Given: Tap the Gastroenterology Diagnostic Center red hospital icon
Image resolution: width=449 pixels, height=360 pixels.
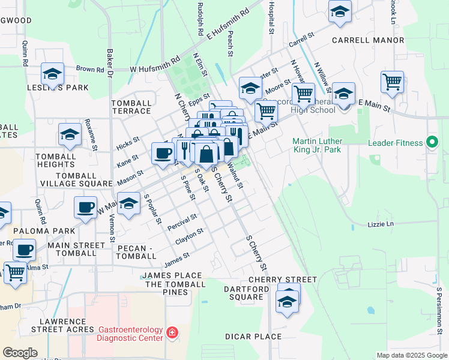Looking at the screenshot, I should click(172, 332).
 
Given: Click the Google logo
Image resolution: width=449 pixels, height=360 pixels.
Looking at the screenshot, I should click(20, 352).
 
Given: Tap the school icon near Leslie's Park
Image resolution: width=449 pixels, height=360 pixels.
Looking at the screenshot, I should click(53, 74).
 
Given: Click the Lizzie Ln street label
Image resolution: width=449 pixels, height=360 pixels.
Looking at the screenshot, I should click(381, 224).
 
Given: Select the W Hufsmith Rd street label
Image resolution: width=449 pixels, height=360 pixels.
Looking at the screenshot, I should click(155, 65).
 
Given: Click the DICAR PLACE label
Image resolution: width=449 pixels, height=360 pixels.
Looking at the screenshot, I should click(253, 337).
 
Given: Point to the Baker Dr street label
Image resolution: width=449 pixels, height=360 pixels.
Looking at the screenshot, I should click(110, 64).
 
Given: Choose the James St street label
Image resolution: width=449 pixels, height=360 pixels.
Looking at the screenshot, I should click(177, 260).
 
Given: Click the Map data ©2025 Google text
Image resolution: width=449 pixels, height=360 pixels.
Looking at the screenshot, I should click(412, 355).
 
